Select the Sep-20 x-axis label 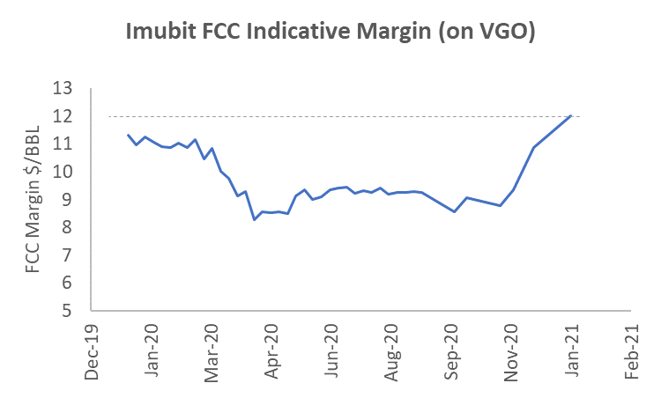(x=455, y=356)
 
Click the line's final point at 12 (x=571, y=115)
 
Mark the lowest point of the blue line (x=254, y=219)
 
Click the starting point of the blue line (x=128, y=135)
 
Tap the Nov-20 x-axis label (x=516, y=356)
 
